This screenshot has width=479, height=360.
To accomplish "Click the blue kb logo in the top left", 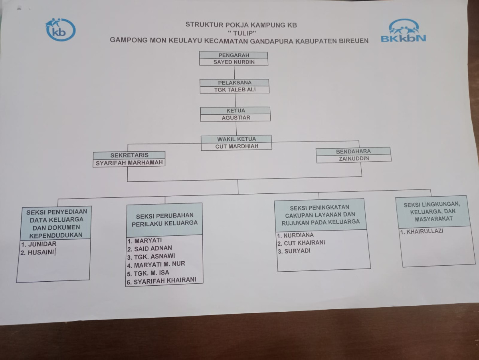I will pyautogui.click(x=60, y=29).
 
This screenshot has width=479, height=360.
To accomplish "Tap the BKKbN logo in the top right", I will pyautogui.click(x=403, y=31).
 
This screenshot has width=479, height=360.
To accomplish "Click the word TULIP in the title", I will pyautogui.click(x=241, y=33).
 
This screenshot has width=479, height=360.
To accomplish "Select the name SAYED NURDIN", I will pyautogui.click(x=234, y=62).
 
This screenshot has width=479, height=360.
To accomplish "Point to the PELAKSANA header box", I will pyautogui.click(x=235, y=83).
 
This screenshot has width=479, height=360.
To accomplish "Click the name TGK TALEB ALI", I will pyautogui.click(x=235, y=90).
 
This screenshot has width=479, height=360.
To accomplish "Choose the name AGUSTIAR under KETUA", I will pyautogui.click(x=236, y=118).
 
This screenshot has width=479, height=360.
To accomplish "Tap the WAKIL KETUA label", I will pyautogui.click(x=236, y=139).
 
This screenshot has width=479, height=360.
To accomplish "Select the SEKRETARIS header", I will pyautogui.click(x=129, y=155).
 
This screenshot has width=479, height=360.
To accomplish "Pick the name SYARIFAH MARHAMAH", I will pyautogui.click(x=129, y=163).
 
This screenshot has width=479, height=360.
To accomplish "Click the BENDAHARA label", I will pyautogui.click(x=353, y=151).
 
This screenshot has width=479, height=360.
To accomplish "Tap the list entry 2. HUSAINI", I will pyautogui.click(x=38, y=253).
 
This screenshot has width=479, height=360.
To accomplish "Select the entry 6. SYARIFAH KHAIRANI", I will pyautogui.click(x=161, y=281).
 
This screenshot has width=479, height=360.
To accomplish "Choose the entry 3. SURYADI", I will pyautogui.click(x=294, y=251).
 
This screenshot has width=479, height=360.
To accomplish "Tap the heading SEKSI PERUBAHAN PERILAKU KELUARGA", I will pyautogui.click(x=164, y=219).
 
